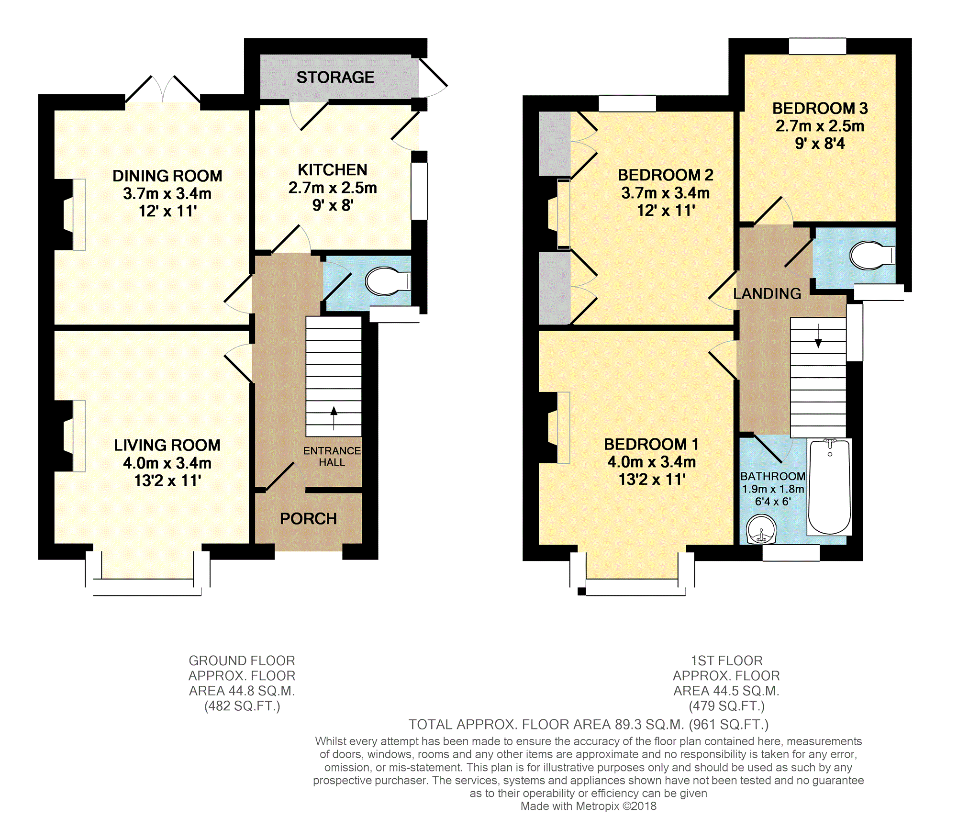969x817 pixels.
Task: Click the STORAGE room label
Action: click(x=335, y=77)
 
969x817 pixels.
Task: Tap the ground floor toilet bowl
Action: click(x=387, y=281)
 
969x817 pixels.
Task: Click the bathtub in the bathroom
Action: click(x=829, y=486)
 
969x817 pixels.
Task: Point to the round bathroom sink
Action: click(x=761, y=529)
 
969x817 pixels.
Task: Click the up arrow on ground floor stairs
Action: click(x=334, y=418)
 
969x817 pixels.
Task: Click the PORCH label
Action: click(x=308, y=519)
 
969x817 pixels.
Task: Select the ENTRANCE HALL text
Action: click(x=332, y=456)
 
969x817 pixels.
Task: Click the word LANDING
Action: click(x=767, y=293)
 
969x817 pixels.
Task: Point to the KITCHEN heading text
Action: click(x=333, y=170)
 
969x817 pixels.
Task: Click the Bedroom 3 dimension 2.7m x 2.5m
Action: click(x=820, y=126)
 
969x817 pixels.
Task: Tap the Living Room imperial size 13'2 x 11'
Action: click(x=167, y=480)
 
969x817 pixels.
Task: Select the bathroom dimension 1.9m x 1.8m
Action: click(x=773, y=489)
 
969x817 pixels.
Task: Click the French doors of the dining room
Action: click(x=163, y=89)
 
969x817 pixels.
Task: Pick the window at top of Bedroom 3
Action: click(x=817, y=46)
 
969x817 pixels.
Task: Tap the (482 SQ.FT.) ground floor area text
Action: click(x=242, y=706)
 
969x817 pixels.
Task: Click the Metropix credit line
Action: click(x=588, y=806)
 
